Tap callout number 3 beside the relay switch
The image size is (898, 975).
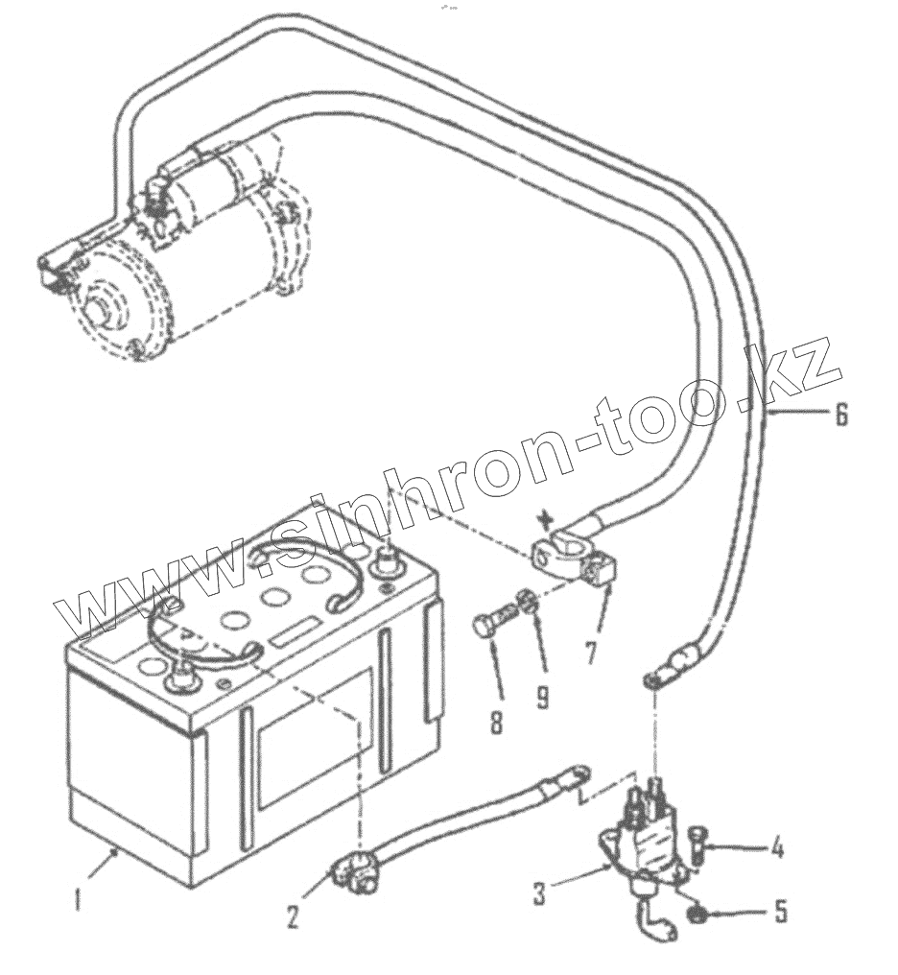click(x=539, y=894)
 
